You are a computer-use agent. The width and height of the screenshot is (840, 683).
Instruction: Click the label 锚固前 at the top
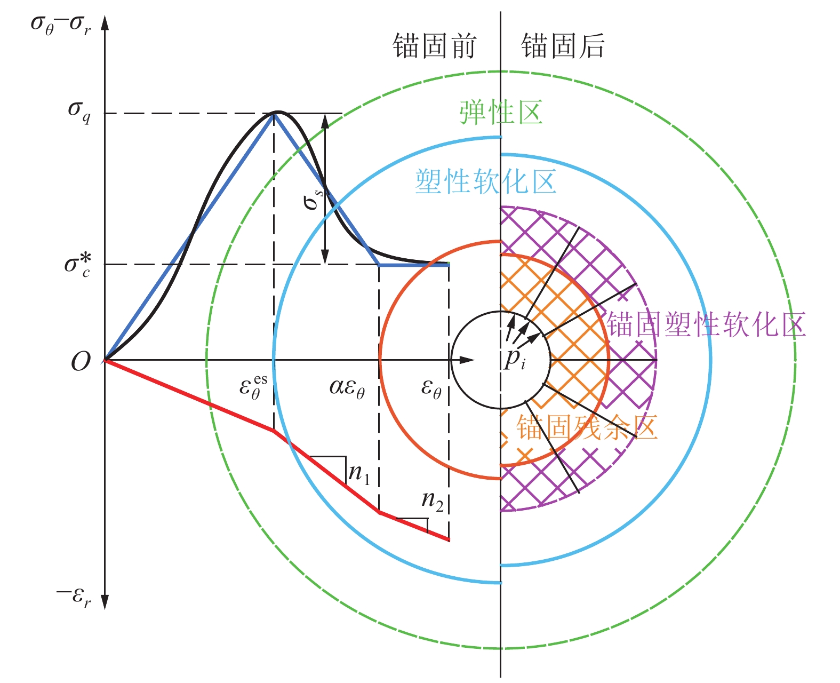435,46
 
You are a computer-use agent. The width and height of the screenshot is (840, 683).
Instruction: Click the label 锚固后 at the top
563,46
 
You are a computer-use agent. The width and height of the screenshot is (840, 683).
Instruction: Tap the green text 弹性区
501,113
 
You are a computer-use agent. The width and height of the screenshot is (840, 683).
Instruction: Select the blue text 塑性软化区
486,181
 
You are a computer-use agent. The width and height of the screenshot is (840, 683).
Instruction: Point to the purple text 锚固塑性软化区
706,324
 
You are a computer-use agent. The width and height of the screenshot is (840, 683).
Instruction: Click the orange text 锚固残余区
587,427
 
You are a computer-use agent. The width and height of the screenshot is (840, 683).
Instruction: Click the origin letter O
81,361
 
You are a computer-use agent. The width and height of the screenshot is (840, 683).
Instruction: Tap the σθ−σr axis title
61,25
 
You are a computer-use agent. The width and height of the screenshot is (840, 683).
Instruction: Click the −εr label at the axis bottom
74,597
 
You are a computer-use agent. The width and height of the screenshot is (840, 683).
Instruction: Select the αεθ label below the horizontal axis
347,388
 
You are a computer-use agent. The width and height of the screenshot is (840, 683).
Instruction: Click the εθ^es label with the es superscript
253,387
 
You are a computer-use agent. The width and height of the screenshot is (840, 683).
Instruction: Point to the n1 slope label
359,473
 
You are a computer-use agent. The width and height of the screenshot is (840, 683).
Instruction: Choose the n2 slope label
433,501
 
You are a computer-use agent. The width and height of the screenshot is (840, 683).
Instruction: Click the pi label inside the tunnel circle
515,359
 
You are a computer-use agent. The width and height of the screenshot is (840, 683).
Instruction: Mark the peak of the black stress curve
278,112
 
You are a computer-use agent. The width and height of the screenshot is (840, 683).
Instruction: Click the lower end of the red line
449,540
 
